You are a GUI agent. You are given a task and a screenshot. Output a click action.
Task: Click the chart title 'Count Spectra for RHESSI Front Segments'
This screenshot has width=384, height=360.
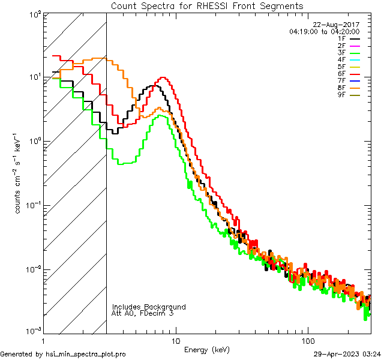[x=207, y=5]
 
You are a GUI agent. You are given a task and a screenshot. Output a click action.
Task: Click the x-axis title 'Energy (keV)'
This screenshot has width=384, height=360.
[x=207, y=349]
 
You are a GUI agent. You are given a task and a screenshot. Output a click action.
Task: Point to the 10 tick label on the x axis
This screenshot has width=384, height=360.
[x=175, y=340]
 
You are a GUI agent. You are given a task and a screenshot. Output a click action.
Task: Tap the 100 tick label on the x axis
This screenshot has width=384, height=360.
[x=307, y=340]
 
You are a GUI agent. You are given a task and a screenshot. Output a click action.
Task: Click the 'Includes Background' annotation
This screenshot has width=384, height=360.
[x=149, y=307]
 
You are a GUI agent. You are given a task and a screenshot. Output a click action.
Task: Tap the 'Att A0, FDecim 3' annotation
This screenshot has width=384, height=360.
[x=143, y=313]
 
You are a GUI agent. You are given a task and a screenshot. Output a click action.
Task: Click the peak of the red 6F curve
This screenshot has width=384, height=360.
[x=162, y=78]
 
